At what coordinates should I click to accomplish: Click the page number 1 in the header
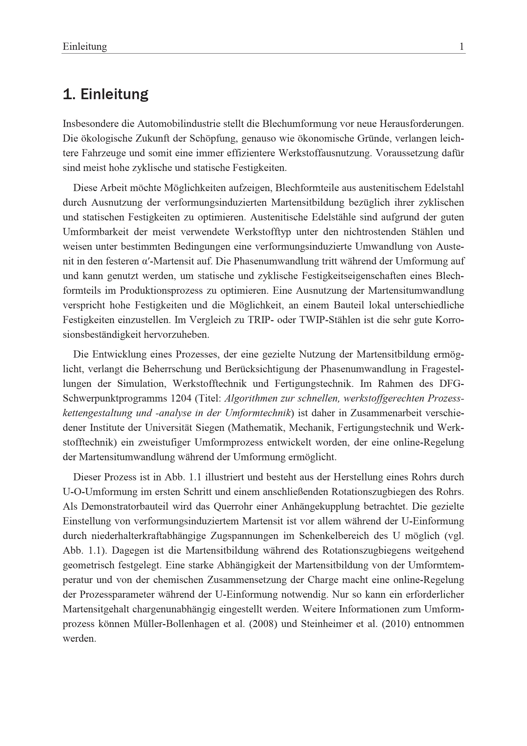click(461, 47)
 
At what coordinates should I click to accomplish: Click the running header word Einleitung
click(85, 47)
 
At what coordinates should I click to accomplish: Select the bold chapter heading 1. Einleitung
click(106, 94)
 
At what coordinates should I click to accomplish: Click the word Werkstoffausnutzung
click(324, 153)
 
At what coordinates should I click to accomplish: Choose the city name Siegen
click(210, 428)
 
